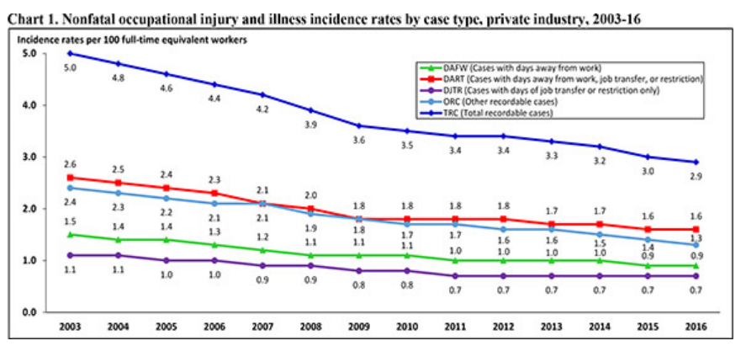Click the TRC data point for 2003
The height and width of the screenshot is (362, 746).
tap(70, 53)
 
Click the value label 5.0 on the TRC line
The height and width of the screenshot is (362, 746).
tap(70, 67)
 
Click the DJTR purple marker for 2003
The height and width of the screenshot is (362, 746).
tap(70, 255)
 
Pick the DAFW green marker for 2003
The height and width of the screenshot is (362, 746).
tap(70, 234)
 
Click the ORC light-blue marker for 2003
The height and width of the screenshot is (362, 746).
tap(70, 188)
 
